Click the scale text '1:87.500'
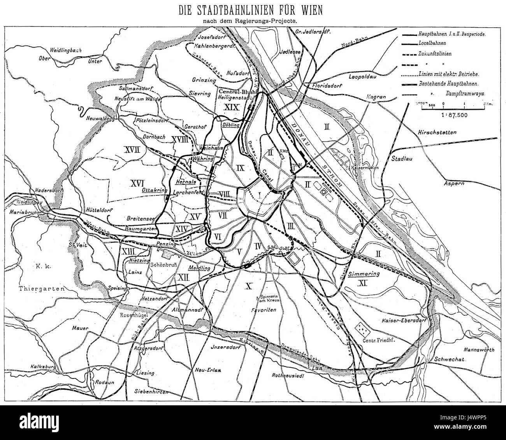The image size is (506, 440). click(x=443, y=115)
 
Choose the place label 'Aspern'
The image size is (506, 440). click(x=454, y=183)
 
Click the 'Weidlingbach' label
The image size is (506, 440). click(x=63, y=50)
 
